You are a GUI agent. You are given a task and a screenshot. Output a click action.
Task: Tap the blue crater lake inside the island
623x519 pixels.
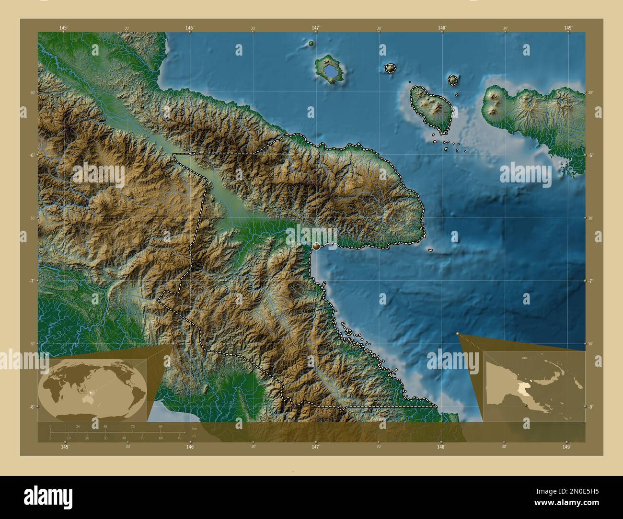click(x=330, y=71)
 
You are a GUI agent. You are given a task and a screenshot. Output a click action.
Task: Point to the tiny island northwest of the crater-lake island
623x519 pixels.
click(x=311, y=44)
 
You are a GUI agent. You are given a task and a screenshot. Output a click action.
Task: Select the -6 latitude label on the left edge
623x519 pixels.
click(x=32, y=155)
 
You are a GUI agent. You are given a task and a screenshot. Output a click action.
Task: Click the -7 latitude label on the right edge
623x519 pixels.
click(x=591, y=281)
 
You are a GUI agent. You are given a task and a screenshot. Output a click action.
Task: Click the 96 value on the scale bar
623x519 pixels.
click(x=161, y=426)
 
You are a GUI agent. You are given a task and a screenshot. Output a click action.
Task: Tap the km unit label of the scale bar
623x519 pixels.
click(x=194, y=428)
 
